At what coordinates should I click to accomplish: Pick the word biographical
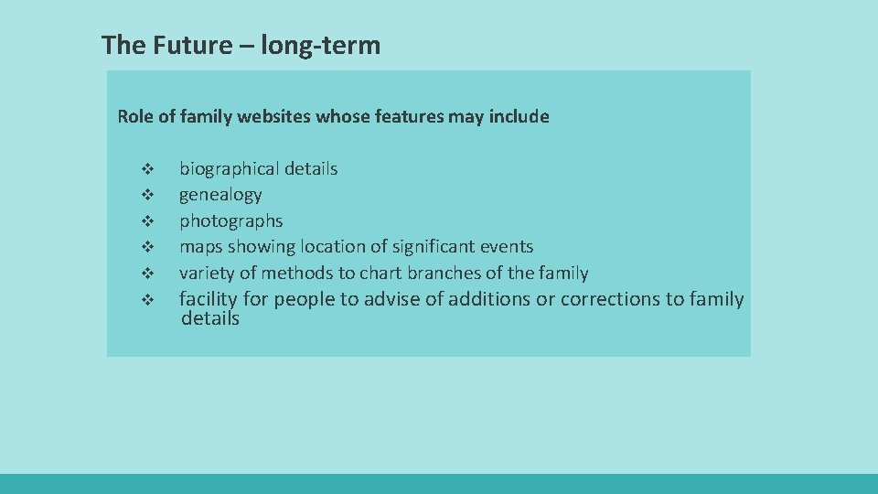pyautogui.click(x=229, y=168)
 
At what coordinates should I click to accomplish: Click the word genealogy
pyautogui.click(x=220, y=195)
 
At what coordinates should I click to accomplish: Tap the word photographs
pyautogui.click(x=230, y=220)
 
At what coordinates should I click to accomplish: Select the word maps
pyautogui.click(x=200, y=246)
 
